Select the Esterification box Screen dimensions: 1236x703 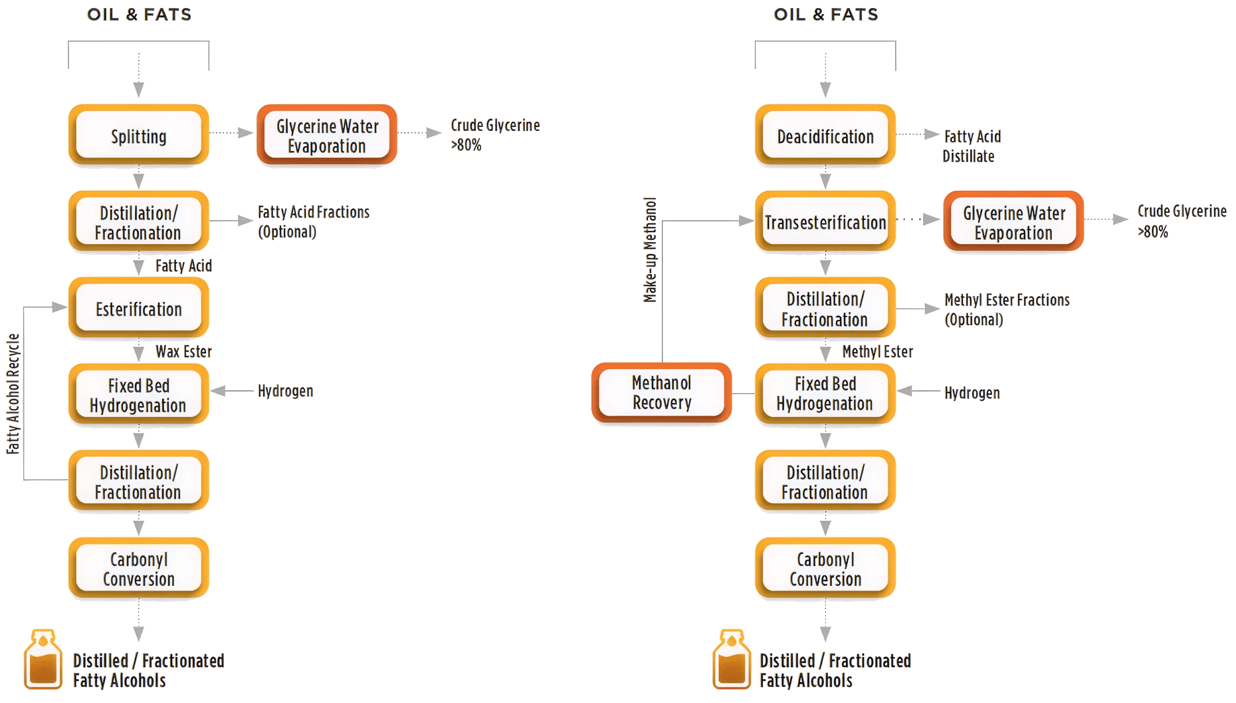tap(138, 308)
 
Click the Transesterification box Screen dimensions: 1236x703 tap(825, 221)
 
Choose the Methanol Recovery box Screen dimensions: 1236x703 tap(661, 392)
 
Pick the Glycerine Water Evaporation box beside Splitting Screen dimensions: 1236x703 tap(327, 134)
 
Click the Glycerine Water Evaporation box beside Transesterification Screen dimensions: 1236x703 tap(1013, 221)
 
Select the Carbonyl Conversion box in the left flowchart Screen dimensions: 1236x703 tap(138, 568)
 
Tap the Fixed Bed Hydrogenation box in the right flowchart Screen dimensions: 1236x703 tap(825, 394)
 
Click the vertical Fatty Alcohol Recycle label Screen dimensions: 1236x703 tap(13, 394)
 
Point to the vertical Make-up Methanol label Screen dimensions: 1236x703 tap(650, 249)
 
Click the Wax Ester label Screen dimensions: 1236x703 tap(183, 351)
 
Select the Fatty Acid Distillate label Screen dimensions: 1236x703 tap(972, 146)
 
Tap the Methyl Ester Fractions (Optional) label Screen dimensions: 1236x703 tap(1007, 309)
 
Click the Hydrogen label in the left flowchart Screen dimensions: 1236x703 tap(285, 391)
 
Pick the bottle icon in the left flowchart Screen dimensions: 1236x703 tap(43, 659)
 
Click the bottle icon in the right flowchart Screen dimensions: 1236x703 tap(732, 659)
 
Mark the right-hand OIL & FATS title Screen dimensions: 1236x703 tap(826, 15)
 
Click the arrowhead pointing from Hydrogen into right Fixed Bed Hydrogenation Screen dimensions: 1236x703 tap(905, 391)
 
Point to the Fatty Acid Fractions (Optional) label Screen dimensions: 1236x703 tap(314, 221)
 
